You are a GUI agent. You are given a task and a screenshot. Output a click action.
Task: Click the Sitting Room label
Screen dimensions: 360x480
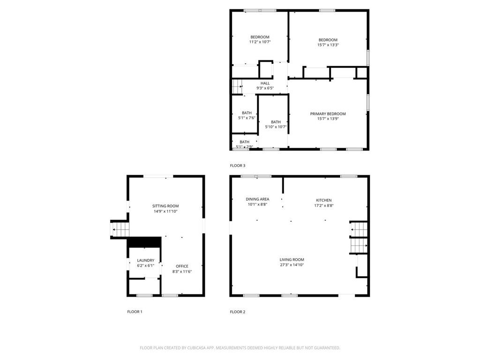tap(165, 206)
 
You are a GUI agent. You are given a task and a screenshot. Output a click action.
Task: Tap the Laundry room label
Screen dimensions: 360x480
tap(145, 261)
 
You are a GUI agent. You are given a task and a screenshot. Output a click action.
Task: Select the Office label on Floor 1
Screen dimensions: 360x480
tap(182, 266)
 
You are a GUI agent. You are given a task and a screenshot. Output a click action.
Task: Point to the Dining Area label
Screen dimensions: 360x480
tap(257, 199)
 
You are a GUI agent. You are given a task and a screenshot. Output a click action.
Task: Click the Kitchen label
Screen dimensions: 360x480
tap(323, 200)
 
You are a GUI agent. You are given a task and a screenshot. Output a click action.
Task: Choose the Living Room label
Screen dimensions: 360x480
tap(292, 260)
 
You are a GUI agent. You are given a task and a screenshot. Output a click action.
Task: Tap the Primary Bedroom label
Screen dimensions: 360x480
tap(328, 114)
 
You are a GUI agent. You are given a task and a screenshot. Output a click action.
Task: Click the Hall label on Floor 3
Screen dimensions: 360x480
tap(265, 83)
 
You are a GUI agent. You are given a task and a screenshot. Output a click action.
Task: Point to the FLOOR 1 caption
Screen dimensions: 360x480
tap(135, 312)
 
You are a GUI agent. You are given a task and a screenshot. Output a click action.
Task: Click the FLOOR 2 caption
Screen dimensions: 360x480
tap(237, 312)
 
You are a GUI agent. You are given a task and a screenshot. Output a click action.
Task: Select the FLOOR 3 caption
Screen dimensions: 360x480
tap(237, 165)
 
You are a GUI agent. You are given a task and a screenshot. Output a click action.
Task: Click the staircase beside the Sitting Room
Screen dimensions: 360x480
tap(120, 229)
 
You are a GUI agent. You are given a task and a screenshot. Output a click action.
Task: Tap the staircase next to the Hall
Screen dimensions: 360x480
tap(237, 86)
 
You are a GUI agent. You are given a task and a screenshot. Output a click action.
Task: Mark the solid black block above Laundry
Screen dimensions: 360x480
tap(144, 242)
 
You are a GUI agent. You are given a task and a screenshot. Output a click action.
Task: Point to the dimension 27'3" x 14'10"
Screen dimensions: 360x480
tap(292, 265)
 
